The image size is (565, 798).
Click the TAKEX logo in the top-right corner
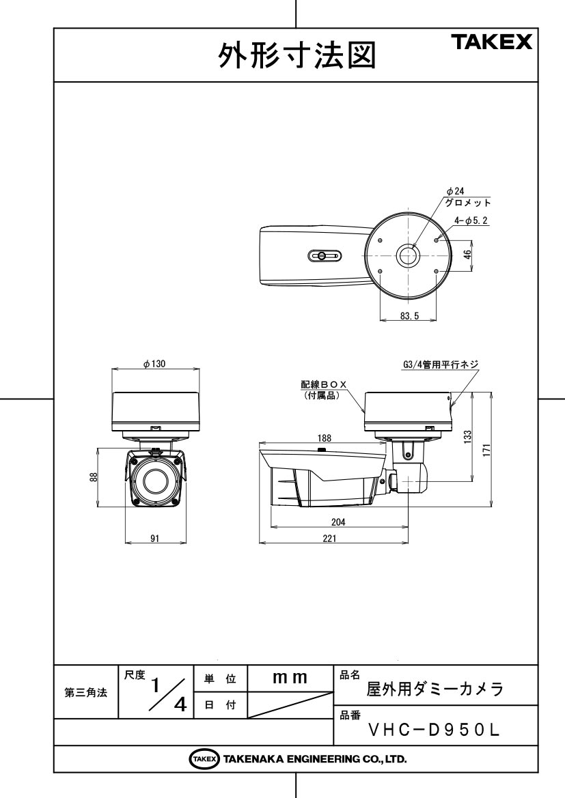point(491,42)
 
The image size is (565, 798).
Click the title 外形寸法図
point(297,55)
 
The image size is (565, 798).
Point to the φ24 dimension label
point(456,191)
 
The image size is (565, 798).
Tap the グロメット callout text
point(468,203)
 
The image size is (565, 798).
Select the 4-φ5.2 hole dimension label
point(471,220)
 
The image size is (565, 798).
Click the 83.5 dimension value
point(409,316)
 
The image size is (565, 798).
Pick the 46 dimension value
point(467,255)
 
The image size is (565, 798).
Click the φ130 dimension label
point(154,364)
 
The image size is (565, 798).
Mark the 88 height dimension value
point(93,477)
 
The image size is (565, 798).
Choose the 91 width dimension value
point(155,539)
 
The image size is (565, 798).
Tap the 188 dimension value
point(324,438)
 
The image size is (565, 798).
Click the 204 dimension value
point(338,522)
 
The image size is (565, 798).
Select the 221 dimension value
point(329,539)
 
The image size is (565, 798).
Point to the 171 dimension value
point(486,450)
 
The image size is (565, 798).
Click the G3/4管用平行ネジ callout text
point(441,365)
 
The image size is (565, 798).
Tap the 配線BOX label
point(324,384)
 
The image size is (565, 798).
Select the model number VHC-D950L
point(434,730)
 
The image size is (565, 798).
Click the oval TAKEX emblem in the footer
point(204,759)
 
